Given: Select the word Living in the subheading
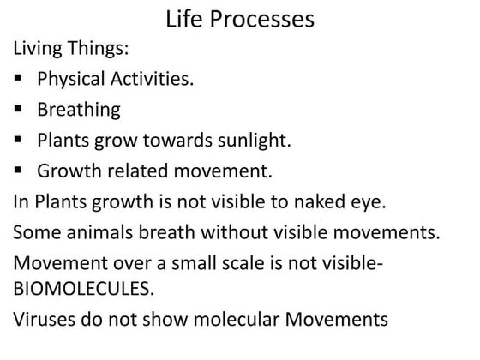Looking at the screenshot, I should click(39, 48).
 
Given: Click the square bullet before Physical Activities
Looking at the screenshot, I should click(18, 80).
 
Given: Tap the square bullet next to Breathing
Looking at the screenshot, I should click(18, 110).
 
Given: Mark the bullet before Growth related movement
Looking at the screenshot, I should click(18, 171).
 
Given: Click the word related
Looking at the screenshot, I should click(139, 171).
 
